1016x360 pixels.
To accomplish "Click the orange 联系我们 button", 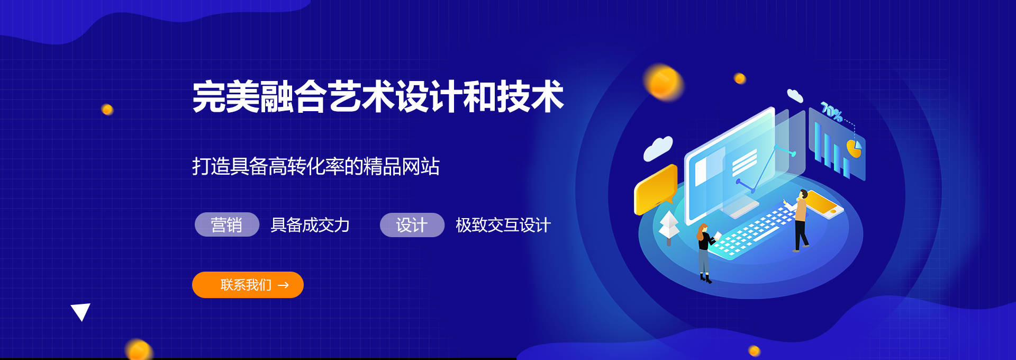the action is coord(248,285).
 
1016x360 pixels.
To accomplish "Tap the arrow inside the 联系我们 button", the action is coord(284,285).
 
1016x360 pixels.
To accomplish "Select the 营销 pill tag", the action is coord(227,224).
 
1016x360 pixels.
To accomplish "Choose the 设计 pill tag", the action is coord(412,225).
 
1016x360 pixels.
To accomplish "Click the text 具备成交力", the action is coord(310,225).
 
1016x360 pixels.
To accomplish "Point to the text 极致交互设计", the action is coord(503,225).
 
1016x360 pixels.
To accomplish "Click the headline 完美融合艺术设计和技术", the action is coord(378,96).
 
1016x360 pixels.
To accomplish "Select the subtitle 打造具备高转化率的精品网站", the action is coord(316,166).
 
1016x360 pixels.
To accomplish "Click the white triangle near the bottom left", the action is coord(80,311).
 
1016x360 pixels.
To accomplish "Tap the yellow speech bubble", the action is coord(656,188).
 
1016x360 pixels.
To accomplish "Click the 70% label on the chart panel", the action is coord(831,112).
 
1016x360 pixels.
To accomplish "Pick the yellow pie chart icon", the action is coord(854,148).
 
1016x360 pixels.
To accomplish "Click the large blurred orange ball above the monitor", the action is coord(664,83).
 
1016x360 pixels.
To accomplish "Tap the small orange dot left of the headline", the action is coord(107,110).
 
